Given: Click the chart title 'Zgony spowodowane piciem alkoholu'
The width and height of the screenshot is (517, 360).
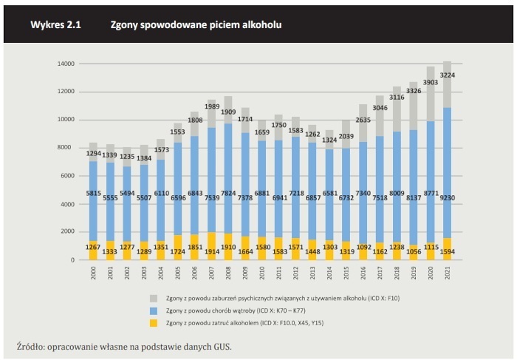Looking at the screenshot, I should [x=196, y=25].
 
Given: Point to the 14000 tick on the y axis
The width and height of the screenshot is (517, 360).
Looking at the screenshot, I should [x=66, y=64].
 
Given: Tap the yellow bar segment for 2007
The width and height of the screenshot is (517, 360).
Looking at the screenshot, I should [x=212, y=246].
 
